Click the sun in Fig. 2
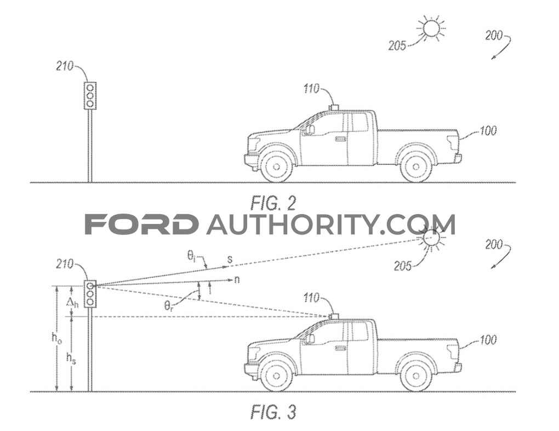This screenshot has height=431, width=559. (431, 27)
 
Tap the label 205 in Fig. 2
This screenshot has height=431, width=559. (397, 45)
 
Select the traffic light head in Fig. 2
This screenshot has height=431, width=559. (90, 95)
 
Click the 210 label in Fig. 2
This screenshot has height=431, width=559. (65, 66)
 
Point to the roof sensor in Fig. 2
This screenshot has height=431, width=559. (334, 107)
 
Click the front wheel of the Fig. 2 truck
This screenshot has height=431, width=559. (276, 166)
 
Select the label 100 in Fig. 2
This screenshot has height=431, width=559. (487, 131)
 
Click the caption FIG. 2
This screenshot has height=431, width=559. (273, 203)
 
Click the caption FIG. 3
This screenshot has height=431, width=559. (273, 412)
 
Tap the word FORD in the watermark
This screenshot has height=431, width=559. (141, 224)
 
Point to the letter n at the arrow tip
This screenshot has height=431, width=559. (236, 280)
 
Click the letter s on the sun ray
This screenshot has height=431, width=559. (230, 260)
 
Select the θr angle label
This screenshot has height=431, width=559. (169, 306)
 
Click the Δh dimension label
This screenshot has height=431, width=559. (72, 302)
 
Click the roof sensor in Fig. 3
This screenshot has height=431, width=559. (334, 317)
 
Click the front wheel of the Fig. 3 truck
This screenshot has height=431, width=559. (276, 376)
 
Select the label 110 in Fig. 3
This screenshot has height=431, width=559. (312, 298)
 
